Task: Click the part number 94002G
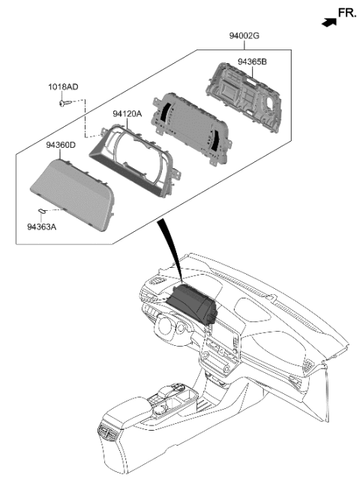(x=246, y=35)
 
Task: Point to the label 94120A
(x=130, y=114)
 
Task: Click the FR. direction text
(x=347, y=13)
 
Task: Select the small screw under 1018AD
(x=64, y=104)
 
